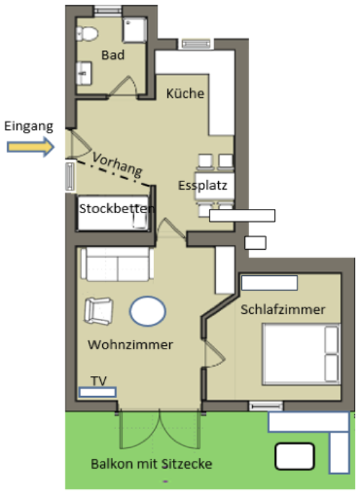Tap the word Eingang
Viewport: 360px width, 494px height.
tap(28, 126)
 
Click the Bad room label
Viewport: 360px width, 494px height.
tap(113, 55)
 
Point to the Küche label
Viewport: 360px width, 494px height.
tap(185, 93)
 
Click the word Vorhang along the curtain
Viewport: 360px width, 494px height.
tap(117, 164)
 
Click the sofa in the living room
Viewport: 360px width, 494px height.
tap(117, 263)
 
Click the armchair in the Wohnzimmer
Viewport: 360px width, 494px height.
tap(99, 311)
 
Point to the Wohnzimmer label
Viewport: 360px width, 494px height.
tap(131, 345)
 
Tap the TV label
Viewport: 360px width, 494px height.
tap(99, 381)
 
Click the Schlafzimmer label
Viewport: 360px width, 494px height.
tap(282, 309)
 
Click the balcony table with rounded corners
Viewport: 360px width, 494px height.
tap(294, 455)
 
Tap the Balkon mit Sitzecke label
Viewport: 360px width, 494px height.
tap(151, 464)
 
